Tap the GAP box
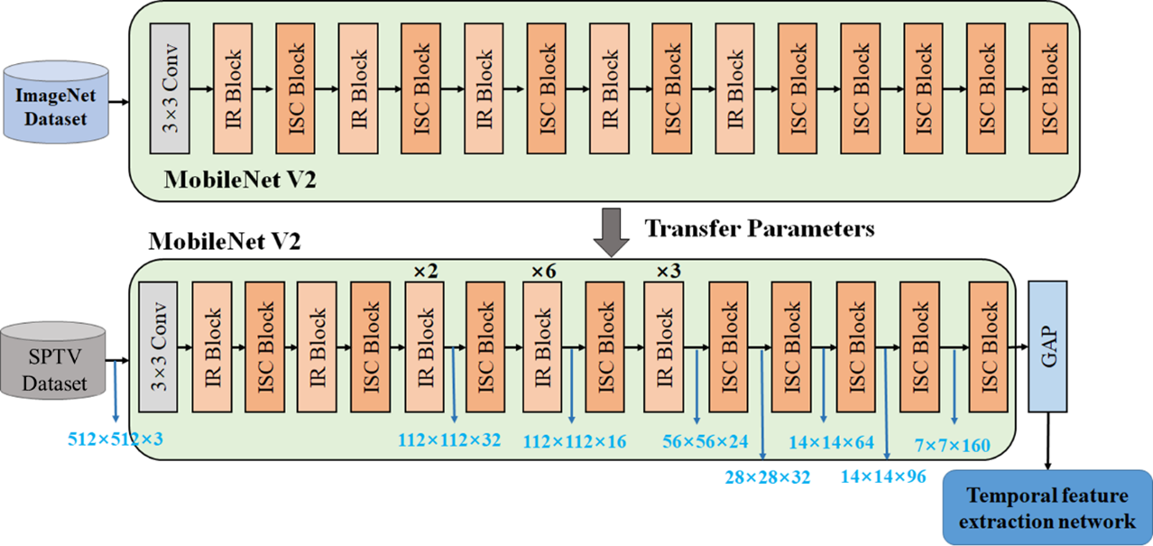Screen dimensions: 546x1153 point(1047,345)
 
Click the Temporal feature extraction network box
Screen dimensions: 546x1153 point(1047,508)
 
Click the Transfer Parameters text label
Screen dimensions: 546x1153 point(759,228)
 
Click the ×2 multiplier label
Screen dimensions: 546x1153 point(424,270)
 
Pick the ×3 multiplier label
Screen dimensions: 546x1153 point(665,270)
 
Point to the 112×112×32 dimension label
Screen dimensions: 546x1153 point(449,440)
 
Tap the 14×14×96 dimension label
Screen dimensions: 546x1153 point(883,476)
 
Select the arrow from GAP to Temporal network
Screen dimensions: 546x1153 point(1047,442)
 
